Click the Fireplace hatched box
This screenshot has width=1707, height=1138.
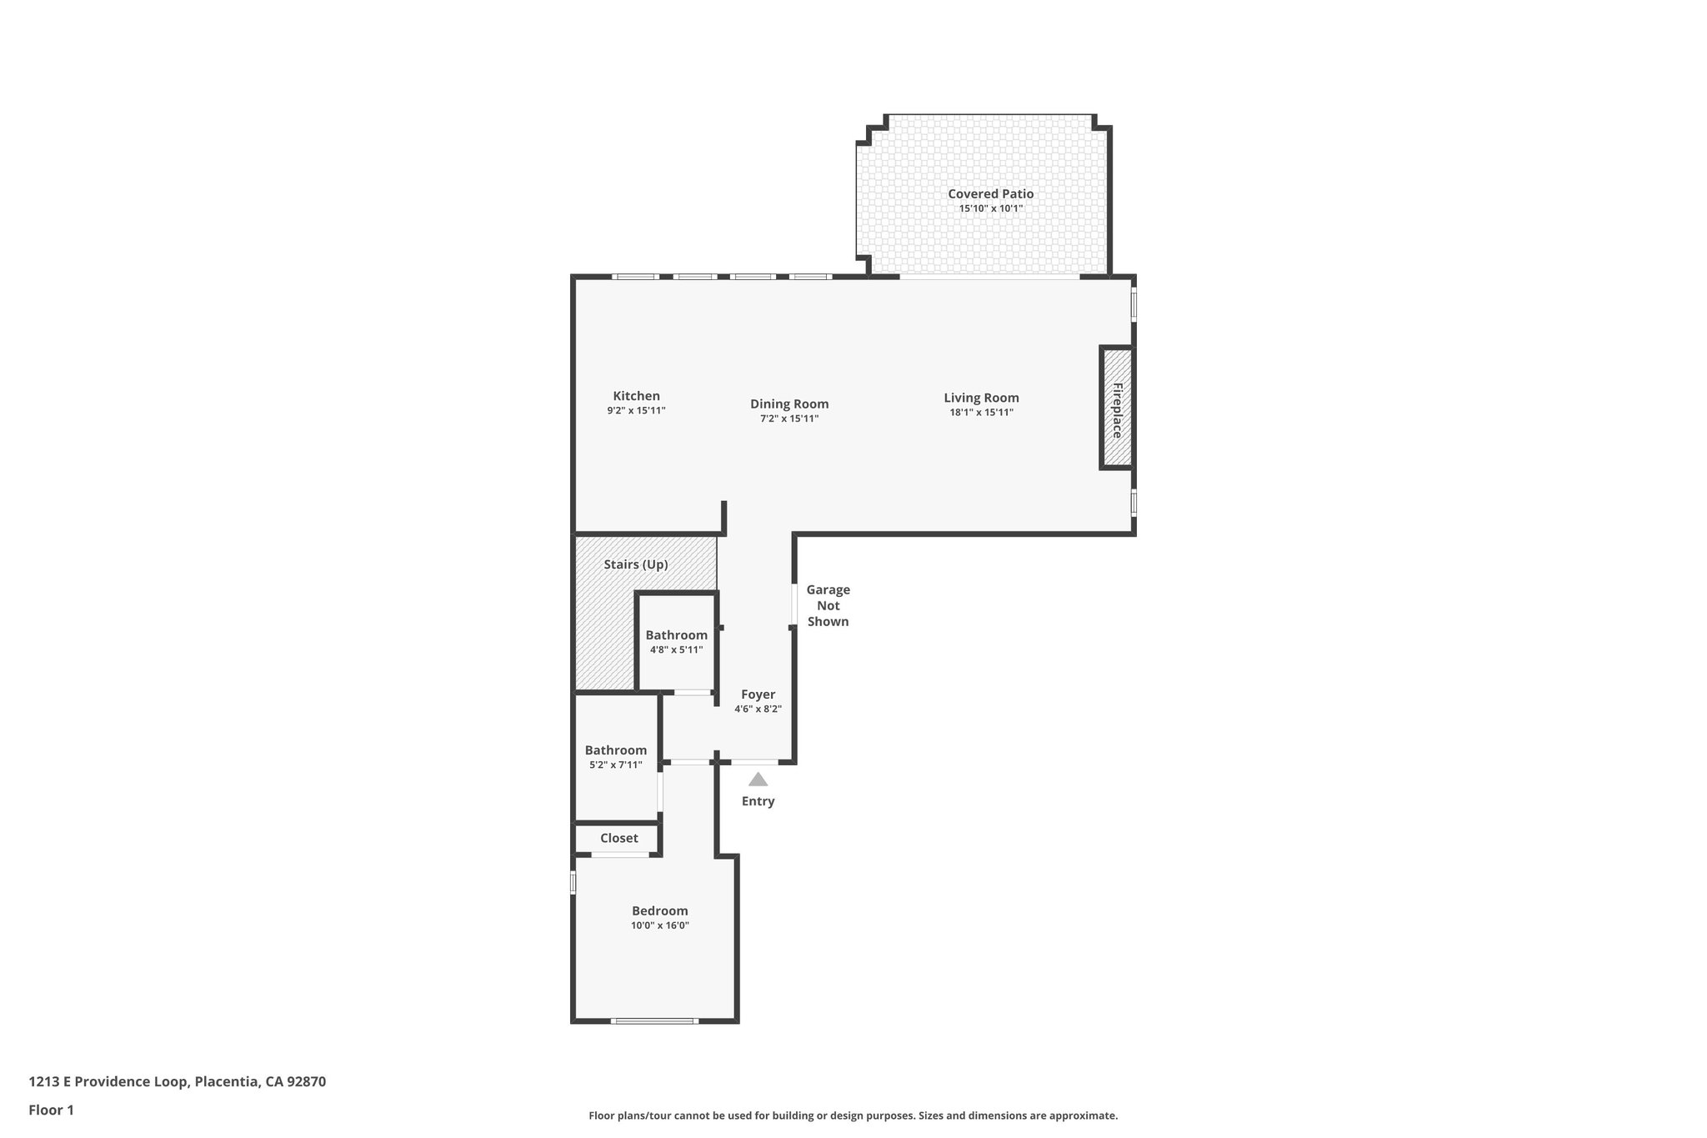click(x=1117, y=408)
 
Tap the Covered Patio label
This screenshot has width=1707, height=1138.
click(x=990, y=194)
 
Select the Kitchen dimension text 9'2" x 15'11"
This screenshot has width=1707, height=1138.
click(x=636, y=411)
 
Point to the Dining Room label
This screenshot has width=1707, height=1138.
click(x=788, y=404)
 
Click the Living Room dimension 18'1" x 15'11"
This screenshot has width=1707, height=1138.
click(x=981, y=413)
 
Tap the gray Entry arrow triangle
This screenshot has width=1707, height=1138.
click(x=758, y=780)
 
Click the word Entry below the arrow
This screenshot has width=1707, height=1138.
click(x=758, y=801)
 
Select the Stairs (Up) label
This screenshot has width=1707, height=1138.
click(x=636, y=564)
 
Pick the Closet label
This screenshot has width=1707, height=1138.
click(x=618, y=838)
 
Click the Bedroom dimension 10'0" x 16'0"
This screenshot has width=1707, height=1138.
click(x=659, y=925)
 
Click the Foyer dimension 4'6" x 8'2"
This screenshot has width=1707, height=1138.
click(x=758, y=709)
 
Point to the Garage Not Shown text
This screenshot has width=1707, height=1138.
click(x=828, y=605)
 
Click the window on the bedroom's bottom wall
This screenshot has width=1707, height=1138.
click(x=654, y=1020)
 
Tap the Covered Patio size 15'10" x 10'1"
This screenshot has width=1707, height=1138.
click(x=990, y=208)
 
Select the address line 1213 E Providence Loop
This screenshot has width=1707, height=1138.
click(x=177, y=1082)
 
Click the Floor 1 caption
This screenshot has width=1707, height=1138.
click(x=51, y=1110)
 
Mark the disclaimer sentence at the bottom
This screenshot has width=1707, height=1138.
click(x=853, y=1115)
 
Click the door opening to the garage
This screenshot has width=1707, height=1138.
click(x=794, y=604)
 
